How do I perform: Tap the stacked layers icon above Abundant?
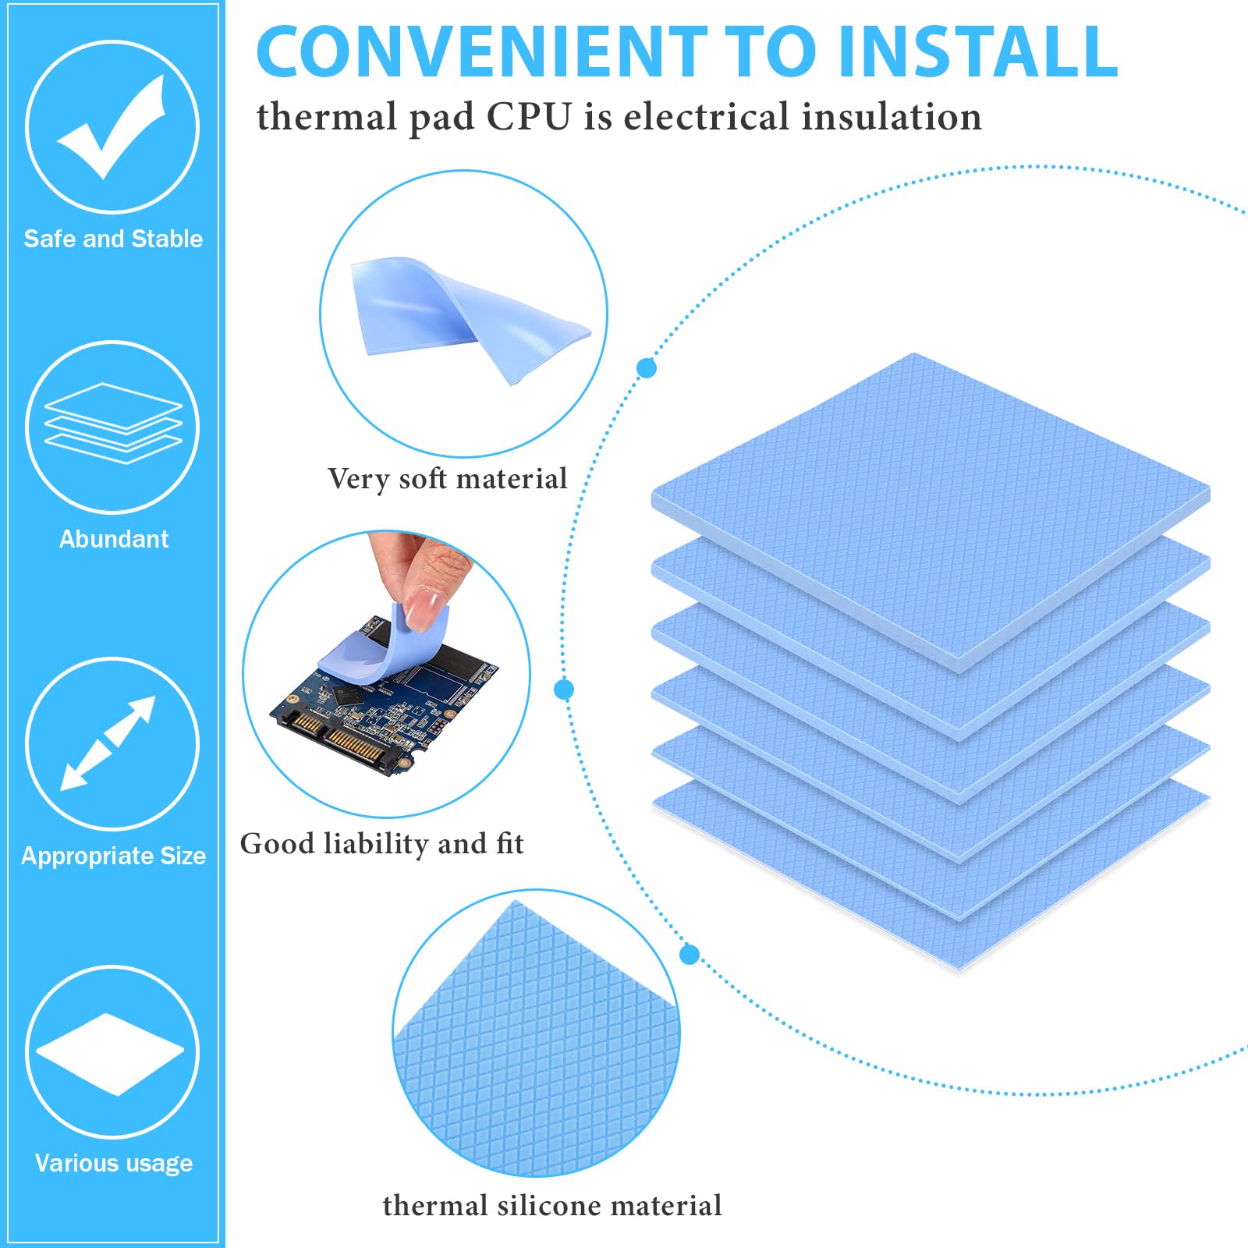[113, 424]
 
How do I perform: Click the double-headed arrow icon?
[109, 743]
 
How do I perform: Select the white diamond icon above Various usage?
[110, 1053]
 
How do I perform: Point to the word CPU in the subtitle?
[530, 117]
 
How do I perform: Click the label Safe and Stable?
[113, 239]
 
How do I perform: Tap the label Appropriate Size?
[113, 856]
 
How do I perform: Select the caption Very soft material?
[447, 479]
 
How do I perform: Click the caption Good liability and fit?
[381, 844]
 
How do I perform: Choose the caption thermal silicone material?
[551, 1206]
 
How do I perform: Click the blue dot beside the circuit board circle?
[564, 690]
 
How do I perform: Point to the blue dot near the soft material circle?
[647, 368]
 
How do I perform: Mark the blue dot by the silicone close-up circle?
[690, 954]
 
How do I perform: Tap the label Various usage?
[114, 1163]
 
